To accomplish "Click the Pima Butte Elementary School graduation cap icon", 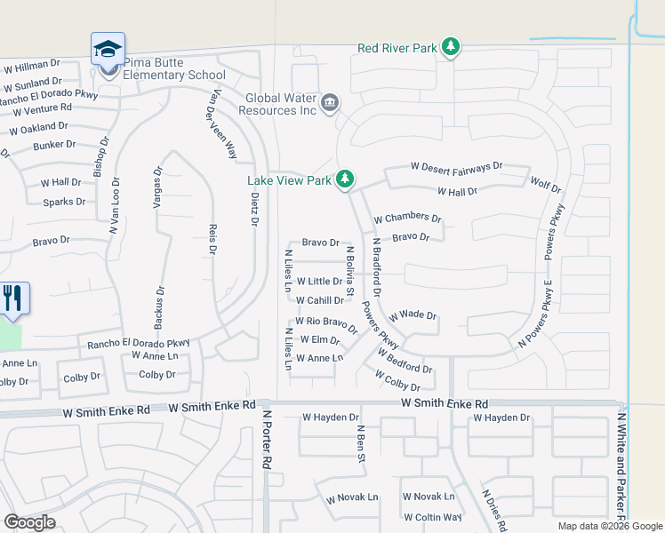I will [108, 49].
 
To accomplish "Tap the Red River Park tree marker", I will [451, 47].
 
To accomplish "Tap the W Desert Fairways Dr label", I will [456, 166].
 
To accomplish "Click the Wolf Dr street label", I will [545, 187].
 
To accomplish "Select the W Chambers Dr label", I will [407, 218].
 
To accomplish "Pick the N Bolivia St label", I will [350, 272].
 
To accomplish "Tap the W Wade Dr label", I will [412, 315].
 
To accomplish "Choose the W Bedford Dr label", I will [405, 362].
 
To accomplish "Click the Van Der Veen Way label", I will [222, 124].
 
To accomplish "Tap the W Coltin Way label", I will [432, 517].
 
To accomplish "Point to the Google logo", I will [28, 522].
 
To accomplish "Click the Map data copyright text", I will [609, 526].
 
